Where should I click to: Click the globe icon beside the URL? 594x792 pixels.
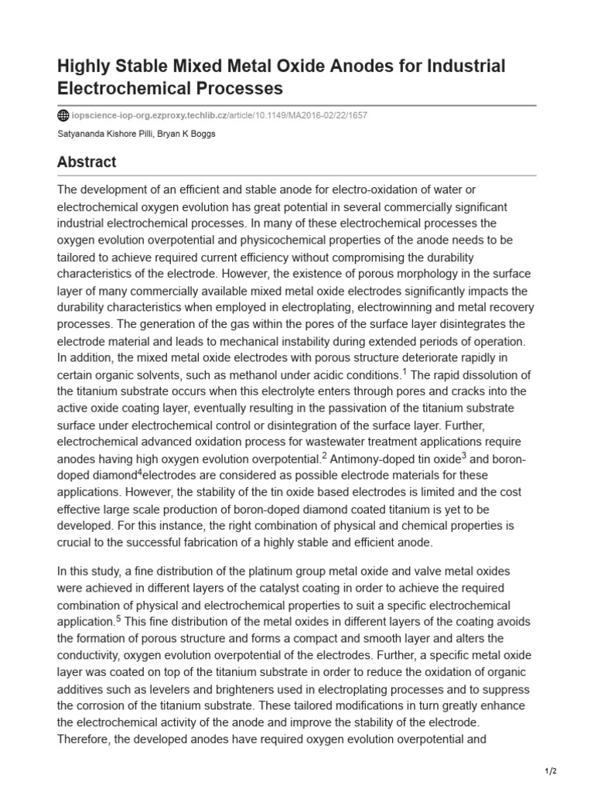(63, 116)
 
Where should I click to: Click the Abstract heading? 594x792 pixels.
(87, 162)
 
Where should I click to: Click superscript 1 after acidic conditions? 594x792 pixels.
(404, 371)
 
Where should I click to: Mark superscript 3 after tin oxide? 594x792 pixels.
(463, 455)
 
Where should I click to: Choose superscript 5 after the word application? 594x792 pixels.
(118, 619)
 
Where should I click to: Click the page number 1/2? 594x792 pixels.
(550, 771)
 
